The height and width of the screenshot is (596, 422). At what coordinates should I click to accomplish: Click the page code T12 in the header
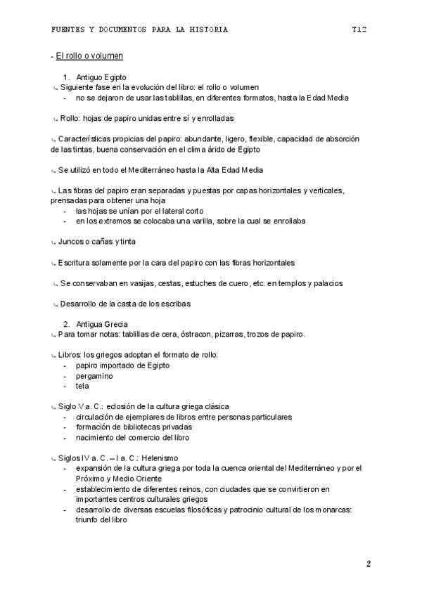pos(360,30)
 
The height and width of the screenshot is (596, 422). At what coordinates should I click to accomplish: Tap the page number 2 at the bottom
pos(368,564)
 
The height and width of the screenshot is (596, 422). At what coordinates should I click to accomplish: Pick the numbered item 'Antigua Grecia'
pos(102,323)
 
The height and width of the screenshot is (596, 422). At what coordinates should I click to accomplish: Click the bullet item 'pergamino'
pos(94,375)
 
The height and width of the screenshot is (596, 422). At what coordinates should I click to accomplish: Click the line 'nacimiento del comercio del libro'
pos(132,437)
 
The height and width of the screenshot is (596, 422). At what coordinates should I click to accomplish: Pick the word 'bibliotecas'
pos(139,427)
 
